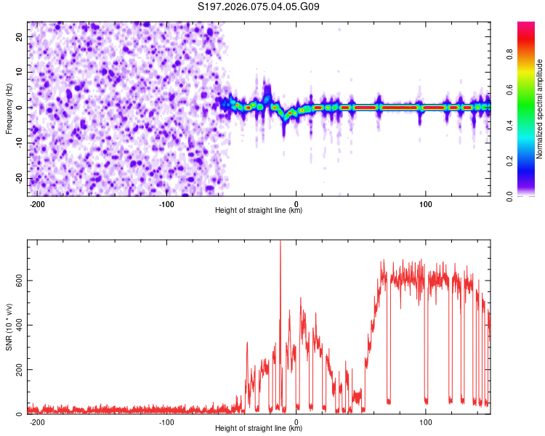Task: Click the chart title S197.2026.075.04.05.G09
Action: [259, 7]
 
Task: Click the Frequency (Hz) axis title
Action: [9, 108]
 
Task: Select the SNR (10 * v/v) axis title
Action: [9, 326]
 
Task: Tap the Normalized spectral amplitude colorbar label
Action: [540, 109]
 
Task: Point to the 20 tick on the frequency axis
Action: [20, 36]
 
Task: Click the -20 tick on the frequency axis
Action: [17, 179]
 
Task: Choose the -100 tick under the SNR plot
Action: [166, 422]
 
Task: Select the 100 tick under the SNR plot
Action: [425, 422]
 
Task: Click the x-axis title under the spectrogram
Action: [259, 211]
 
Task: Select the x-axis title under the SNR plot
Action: [259, 429]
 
